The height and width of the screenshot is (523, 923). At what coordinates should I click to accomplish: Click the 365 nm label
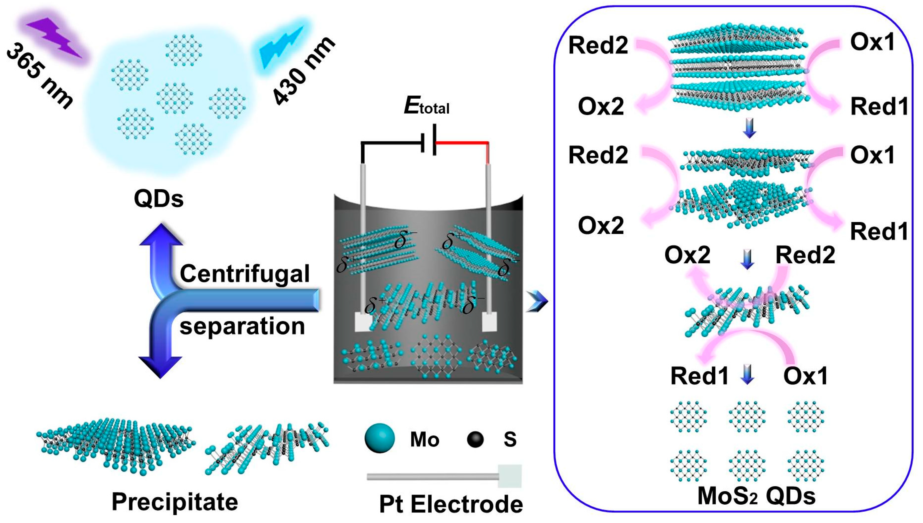[39, 76]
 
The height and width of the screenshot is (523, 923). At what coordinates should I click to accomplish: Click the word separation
[242, 326]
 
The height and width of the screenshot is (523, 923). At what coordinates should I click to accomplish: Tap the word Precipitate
[175, 501]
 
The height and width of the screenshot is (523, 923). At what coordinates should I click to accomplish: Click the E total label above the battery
[426, 106]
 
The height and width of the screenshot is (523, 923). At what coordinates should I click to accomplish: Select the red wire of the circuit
[463, 143]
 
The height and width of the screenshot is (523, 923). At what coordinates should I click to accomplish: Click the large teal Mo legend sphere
[379, 439]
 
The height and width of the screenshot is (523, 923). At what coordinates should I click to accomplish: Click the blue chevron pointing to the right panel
[537, 301]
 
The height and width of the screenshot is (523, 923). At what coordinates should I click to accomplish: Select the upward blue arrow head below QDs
[161, 235]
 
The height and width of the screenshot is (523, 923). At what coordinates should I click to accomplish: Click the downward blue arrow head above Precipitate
[160, 366]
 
